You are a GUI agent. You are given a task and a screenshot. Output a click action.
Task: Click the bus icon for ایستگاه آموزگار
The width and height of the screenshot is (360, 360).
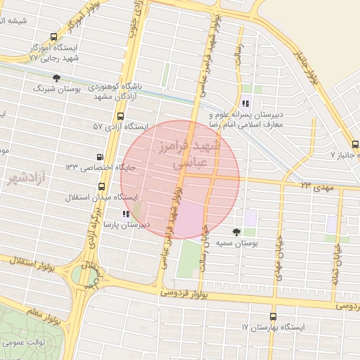pyautogui.click(x=55, y=37)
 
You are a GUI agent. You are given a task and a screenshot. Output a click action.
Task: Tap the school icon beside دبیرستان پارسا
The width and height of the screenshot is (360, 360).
pyautogui.click(x=125, y=213)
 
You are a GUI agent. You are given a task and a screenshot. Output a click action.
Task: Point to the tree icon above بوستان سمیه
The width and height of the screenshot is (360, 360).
pyautogui.click(x=236, y=231)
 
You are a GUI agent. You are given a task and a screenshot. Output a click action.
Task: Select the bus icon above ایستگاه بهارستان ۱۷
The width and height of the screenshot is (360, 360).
pyautogui.click(x=273, y=316)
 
